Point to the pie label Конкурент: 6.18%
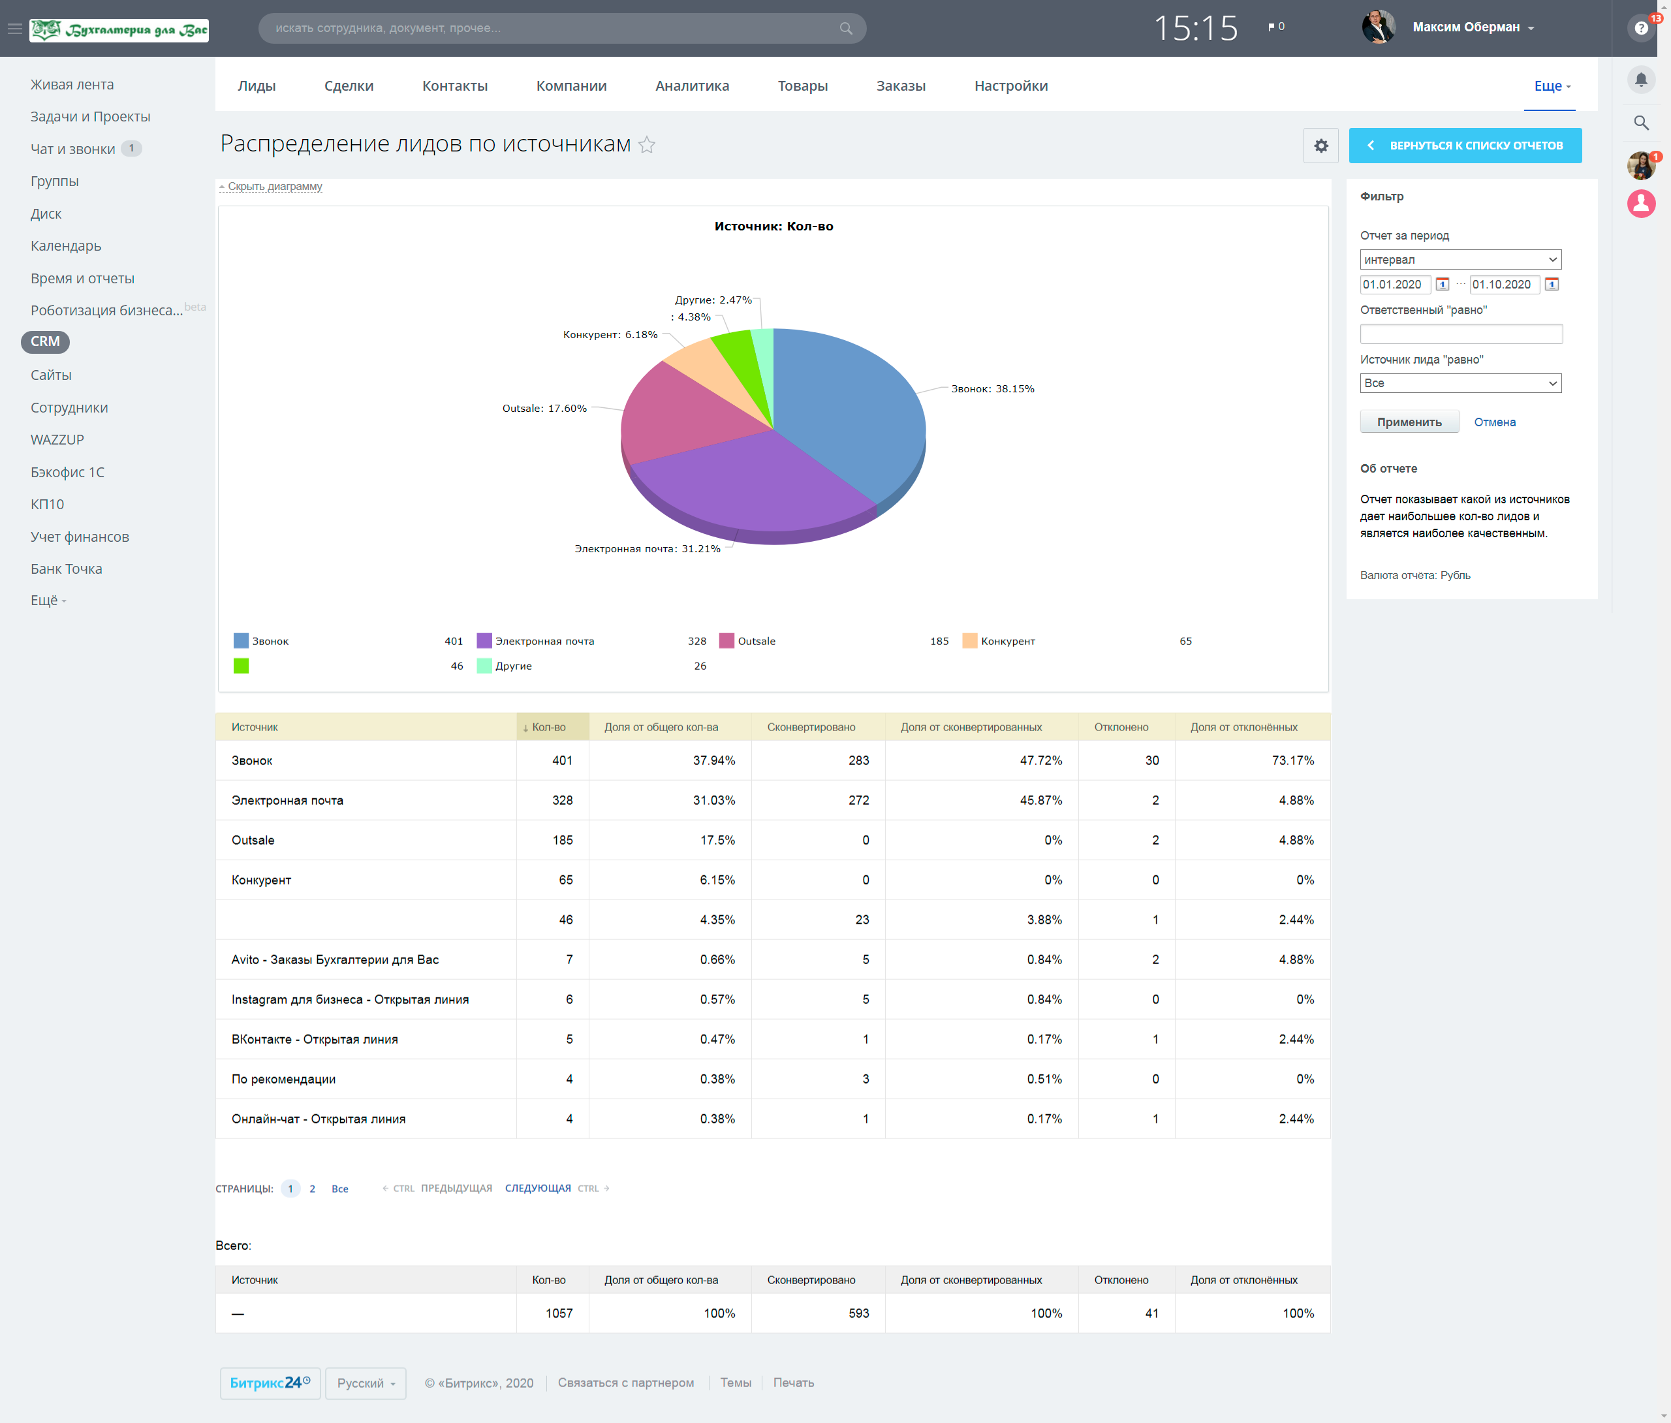coord(610,335)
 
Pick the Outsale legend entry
coord(757,641)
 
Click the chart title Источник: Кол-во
coord(773,226)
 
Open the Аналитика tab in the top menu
coord(692,86)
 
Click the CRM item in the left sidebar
coord(45,341)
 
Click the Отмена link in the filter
coord(1494,422)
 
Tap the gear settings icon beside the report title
coord(1321,145)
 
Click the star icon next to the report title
coord(647,144)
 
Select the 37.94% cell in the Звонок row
coord(713,760)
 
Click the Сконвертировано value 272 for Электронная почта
coord(859,800)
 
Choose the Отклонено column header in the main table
coord(1121,727)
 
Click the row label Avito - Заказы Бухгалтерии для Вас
coord(335,959)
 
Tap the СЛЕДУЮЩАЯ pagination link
coord(538,1188)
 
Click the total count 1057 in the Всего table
coord(559,1313)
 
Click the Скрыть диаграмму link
coord(275,186)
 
